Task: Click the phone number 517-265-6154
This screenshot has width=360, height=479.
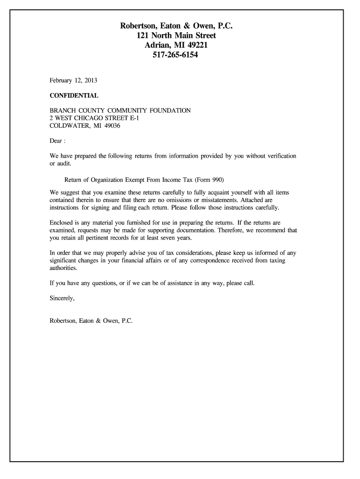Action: pos(180,55)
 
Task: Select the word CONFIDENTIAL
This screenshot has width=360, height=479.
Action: pos(74,95)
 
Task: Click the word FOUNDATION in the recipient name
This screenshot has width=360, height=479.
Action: pos(170,111)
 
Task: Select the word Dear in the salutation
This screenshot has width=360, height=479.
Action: pos(56,141)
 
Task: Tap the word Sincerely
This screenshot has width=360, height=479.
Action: pos(62,298)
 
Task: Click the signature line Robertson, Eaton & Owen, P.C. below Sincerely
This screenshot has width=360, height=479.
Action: pos(91,321)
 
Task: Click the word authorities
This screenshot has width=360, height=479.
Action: pos(63,268)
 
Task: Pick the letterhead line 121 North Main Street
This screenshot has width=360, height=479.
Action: pos(180,36)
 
